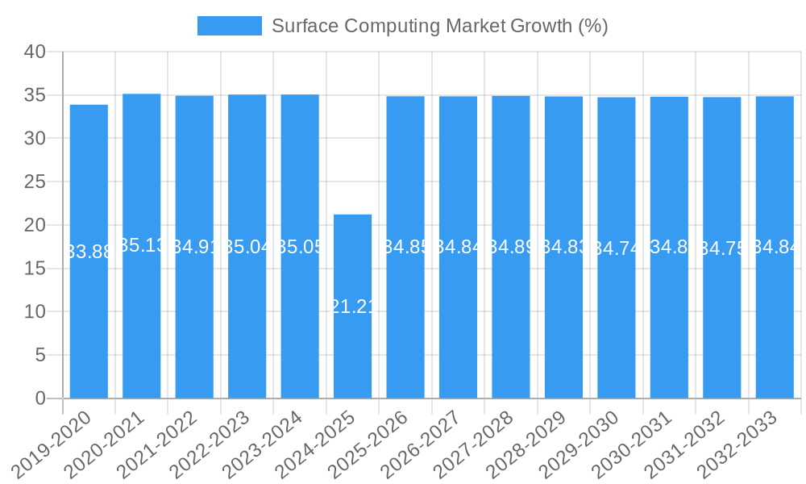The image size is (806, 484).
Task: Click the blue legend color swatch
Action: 230,26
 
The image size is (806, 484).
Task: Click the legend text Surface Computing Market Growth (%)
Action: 439,26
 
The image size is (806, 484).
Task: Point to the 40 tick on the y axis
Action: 35,52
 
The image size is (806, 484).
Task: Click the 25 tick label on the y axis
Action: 35,182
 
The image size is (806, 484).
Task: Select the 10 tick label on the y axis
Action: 35,312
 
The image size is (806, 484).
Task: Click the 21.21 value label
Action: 352,307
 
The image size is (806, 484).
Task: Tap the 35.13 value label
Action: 142,245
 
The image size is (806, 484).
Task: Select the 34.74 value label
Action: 617,248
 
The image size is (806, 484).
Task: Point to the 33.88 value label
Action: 89,252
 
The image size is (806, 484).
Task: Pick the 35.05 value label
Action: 300,247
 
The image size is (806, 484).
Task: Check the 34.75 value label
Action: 722,248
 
